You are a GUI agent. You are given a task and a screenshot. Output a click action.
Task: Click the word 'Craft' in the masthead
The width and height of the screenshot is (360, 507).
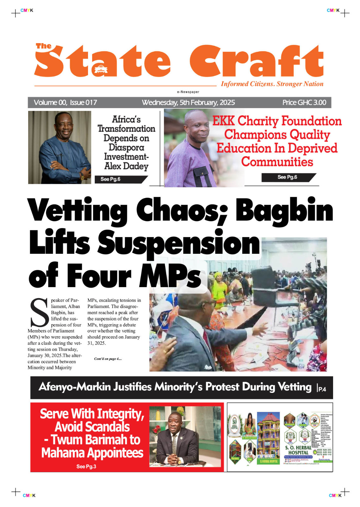click(x=256, y=62)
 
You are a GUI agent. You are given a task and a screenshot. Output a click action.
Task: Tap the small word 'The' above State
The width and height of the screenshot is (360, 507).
click(x=43, y=46)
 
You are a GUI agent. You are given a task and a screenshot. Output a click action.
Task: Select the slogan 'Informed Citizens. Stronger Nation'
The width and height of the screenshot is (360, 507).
click(x=272, y=84)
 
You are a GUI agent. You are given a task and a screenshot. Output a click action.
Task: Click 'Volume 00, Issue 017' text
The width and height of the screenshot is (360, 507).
click(x=65, y=102)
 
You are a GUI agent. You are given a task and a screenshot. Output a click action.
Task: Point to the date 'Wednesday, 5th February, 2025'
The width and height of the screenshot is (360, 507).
click(x=188, y=102)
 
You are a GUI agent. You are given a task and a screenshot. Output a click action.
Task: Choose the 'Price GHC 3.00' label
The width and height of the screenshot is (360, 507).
click(x=304, y=102)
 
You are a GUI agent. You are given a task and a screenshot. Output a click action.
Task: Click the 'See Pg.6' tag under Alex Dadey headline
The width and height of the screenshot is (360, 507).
click(x=111, y=179)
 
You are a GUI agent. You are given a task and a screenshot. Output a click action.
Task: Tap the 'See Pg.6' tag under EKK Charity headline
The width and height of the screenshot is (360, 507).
click(x=287, y=177)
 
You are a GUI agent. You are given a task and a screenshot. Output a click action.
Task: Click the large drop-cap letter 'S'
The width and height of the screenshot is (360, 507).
click(x=39, y=313)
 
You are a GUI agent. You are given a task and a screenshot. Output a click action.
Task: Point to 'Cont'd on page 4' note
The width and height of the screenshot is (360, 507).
click(x=108, y=359)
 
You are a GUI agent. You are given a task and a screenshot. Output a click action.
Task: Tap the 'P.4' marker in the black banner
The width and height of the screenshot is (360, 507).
click(x=322, y=389)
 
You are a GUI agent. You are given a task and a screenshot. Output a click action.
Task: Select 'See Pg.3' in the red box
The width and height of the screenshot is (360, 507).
click(x=86, y=466)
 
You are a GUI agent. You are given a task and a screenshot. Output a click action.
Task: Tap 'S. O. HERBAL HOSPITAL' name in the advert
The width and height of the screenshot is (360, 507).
click(x=298, y=450)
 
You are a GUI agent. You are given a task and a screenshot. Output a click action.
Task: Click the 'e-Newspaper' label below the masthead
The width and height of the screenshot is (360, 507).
click(x=188, y=92)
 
